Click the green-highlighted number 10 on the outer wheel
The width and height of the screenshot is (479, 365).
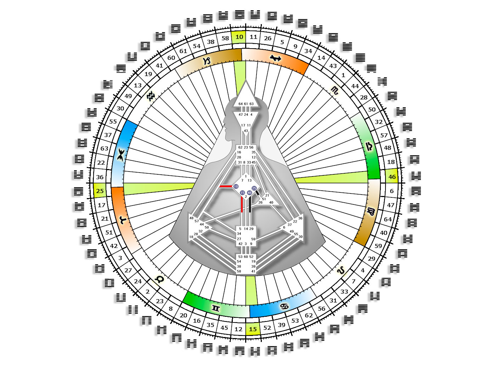point(239,37)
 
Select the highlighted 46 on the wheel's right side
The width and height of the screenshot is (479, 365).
point(392,177)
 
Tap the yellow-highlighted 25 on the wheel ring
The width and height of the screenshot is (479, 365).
point(100,191)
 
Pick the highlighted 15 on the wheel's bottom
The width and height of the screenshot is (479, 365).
point(253,329)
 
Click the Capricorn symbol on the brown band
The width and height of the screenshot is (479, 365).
point(207,61)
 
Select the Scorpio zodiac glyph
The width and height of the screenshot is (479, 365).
point(334,90)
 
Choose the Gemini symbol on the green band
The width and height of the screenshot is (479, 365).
point(216,308)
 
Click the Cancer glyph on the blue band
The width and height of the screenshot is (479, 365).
point(284,307)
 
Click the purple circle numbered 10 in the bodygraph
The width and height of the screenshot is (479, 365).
point(236,186)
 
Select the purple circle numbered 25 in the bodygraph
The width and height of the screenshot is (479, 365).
point(254,188)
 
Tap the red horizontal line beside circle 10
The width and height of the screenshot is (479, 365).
point(226,186)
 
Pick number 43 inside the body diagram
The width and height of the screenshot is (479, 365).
point(246,131)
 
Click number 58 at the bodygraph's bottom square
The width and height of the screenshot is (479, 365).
point(239,271)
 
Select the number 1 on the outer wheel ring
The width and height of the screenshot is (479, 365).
point(343,75)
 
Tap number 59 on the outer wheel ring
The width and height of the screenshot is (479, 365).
point(378,246)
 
